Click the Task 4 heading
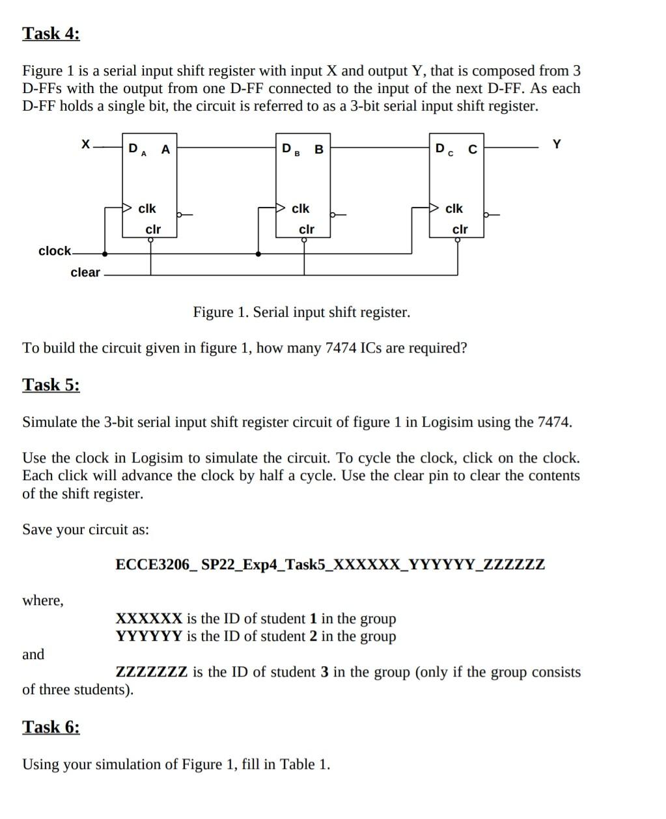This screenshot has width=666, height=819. (51, 33)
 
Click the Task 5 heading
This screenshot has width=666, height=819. (51, 384)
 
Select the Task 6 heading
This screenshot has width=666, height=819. (51, 727)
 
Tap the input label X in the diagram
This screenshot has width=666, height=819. (85, 144)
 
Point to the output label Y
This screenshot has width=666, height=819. (557, 144)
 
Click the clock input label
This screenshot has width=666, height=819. (55, 251)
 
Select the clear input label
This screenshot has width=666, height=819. (85, 273)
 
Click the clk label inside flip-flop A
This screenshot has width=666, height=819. (147, 209)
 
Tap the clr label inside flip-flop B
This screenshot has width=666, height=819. (306, 230)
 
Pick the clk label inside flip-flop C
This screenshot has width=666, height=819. (454, 209)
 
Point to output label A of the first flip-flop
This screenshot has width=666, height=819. (165, 150)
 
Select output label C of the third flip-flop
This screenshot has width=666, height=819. (473, 150)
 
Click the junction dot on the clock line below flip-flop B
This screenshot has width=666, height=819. (259, 254)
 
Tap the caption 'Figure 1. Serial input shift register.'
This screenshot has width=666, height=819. (301, 312)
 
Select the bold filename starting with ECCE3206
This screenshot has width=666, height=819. (330, 564)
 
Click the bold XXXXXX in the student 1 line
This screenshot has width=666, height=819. (148, 618)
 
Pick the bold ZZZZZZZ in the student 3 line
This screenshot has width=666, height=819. (152, 671)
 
